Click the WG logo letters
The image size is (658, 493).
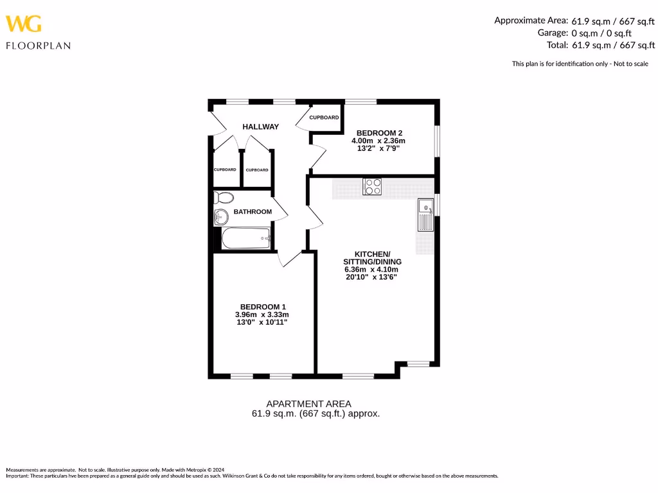[24, 24]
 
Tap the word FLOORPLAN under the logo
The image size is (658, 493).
[38, 46]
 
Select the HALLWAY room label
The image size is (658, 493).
[260, 127]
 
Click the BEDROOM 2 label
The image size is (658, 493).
[379, 133]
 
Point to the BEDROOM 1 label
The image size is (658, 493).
[262, 307]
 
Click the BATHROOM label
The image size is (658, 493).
[252, 212]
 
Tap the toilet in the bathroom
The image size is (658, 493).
[223, 197]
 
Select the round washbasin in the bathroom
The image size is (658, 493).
[221, 217]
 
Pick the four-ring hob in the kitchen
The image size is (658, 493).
[372, 186]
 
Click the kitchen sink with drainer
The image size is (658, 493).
[425, 215]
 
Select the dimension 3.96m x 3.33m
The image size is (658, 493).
[262, 315]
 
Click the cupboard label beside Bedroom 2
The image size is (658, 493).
[324, 117]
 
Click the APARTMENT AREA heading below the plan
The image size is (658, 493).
[308, 404]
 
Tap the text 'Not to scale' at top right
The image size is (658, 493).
[630, 64]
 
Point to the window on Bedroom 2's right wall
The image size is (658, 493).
[437, 141]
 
